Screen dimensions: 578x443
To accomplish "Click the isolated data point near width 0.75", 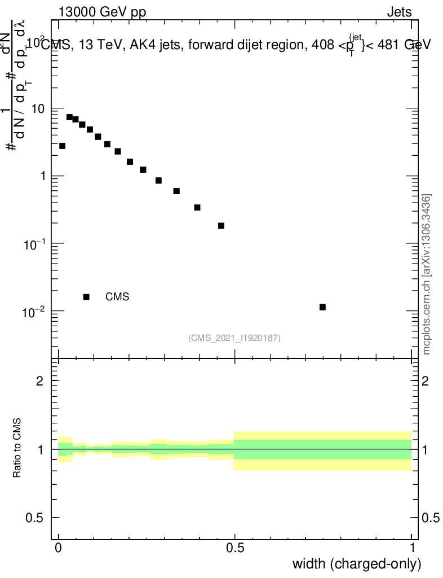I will pos(322,307).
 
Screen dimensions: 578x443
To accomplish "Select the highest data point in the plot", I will pos(69,117).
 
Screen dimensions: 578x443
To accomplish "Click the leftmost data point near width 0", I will pos(62,146).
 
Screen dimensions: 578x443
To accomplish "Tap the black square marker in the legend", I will pos(86,297).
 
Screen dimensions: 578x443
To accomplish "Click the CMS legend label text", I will pos(117,297).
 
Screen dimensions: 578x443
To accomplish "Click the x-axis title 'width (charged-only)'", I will pos(356,564).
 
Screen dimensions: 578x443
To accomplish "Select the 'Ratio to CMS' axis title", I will pos(17,449).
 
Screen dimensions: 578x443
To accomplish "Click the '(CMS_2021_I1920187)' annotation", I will pos(234,338).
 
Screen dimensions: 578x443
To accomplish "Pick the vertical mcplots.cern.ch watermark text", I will pos(427,274).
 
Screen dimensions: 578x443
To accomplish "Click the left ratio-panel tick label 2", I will pos(40,381).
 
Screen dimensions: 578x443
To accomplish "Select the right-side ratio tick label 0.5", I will pos(433,518).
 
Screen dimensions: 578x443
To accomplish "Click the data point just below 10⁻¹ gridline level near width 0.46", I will pos(221,226).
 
